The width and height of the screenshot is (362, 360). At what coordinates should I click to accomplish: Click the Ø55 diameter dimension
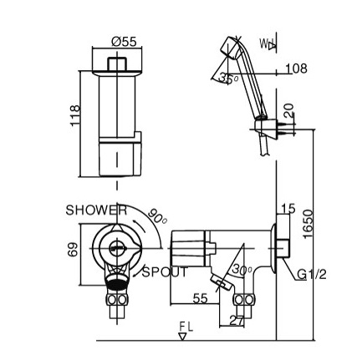tap(124, 42)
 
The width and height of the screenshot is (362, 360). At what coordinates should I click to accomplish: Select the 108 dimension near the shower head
tap(297, 68)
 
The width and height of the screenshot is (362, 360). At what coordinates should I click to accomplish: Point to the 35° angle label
tap(227, 79)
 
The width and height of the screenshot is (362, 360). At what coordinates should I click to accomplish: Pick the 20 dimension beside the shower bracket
tap(289, 109)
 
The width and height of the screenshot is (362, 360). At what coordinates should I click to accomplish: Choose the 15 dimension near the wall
tap(288, 210)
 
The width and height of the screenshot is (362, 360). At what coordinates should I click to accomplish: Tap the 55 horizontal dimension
tap(201, 297)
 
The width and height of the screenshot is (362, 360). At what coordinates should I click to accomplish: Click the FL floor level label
tap(186, 325)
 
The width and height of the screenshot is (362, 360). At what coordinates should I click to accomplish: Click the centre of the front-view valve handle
tap(118, 246)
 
